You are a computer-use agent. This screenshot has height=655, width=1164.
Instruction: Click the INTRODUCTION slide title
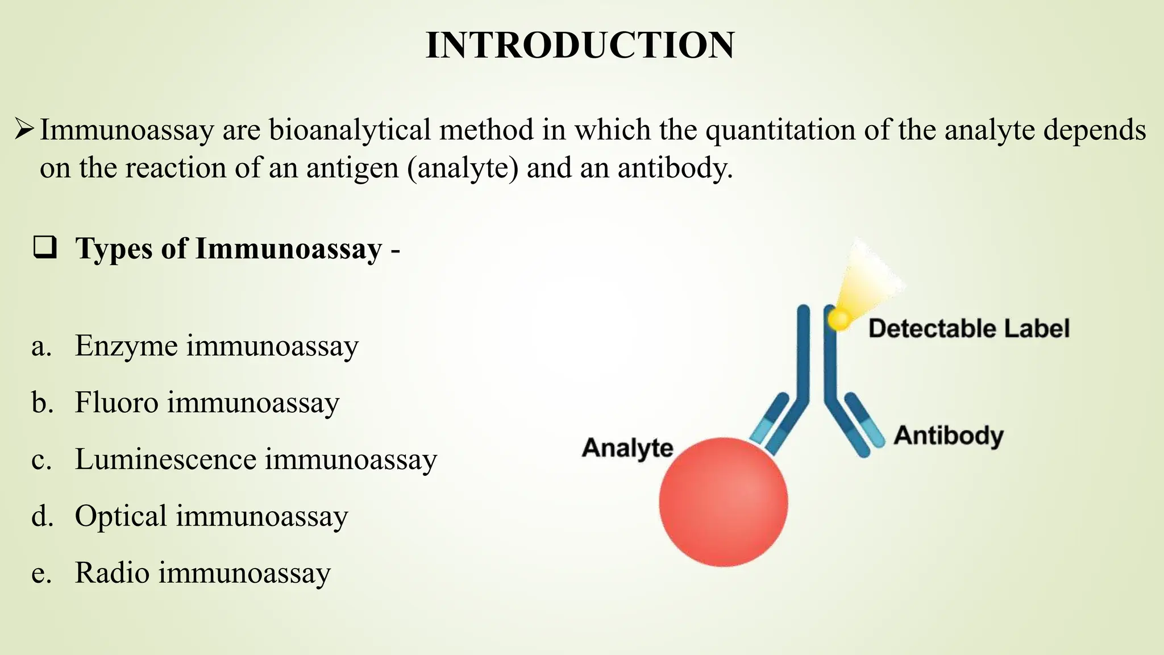(580, 45)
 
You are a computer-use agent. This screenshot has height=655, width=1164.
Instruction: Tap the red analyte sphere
(724, 501)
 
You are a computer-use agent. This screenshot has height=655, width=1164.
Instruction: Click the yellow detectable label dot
(839, 319)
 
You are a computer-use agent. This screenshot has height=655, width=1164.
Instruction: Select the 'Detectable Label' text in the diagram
(969, 329)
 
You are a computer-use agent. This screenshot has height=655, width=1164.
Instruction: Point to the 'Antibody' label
(949, 436)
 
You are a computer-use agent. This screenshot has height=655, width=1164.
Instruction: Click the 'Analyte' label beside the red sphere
(627, 448)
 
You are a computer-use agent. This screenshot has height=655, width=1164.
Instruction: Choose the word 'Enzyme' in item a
(126, 346)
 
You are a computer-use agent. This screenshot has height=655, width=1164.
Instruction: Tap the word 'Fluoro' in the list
(117, 403)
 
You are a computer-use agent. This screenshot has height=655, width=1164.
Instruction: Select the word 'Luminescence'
(165, 459)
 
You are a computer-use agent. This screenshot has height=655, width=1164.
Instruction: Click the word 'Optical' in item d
(120, 516)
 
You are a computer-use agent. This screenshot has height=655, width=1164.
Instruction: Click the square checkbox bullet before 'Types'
(45, 248)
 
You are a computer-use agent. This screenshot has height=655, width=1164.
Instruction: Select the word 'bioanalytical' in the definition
(350, 130)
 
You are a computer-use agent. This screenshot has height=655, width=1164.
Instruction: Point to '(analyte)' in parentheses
(463, 168)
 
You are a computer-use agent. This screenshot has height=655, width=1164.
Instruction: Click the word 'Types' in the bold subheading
(114, 249)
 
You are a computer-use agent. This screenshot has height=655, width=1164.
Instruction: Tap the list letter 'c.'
(41, 459)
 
